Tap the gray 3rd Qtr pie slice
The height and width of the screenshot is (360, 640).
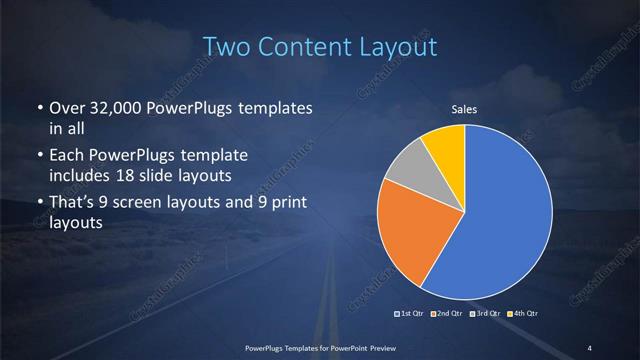pos(408,169)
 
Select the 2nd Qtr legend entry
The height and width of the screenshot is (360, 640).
pos(449,314)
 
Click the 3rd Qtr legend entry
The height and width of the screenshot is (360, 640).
pos(485,314)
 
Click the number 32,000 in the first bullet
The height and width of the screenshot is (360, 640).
pos(113,109)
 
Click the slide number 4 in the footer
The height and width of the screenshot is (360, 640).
pos(590,347)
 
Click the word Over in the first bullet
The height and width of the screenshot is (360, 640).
pos(66,109)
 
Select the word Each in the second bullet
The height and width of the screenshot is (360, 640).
pos(66,157)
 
